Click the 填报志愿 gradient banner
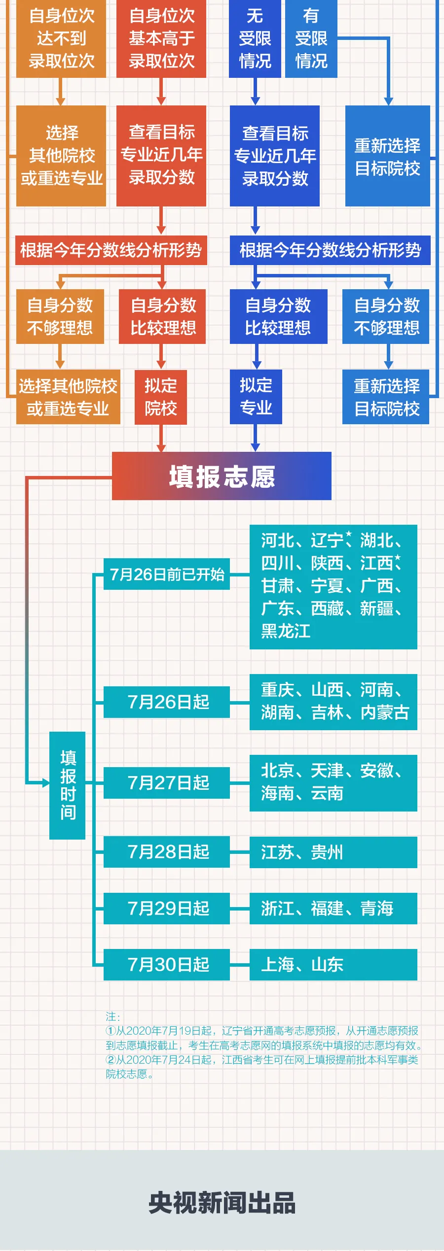pos(222,476)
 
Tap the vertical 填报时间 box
pos(68,785)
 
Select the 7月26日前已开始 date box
pos(167,574)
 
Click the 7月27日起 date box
pos(167,782)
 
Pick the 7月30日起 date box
pos(167,964)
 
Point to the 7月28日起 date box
pos(167,851)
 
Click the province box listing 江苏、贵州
pos(333,852)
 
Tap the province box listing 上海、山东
pos(333,964)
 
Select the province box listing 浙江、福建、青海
pos(333,908)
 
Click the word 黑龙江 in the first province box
pos(286,631)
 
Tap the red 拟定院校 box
pos(161,397)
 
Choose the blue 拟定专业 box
pos(256,397)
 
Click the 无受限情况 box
pos(255,38)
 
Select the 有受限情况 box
pos(311,38)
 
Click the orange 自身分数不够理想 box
pos(60,316)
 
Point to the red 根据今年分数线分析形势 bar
pos(111,250)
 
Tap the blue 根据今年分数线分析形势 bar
pos(330,250)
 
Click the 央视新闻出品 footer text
pos(222,1203)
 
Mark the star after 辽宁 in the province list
pos(349,534)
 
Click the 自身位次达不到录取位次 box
pos(61,38)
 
